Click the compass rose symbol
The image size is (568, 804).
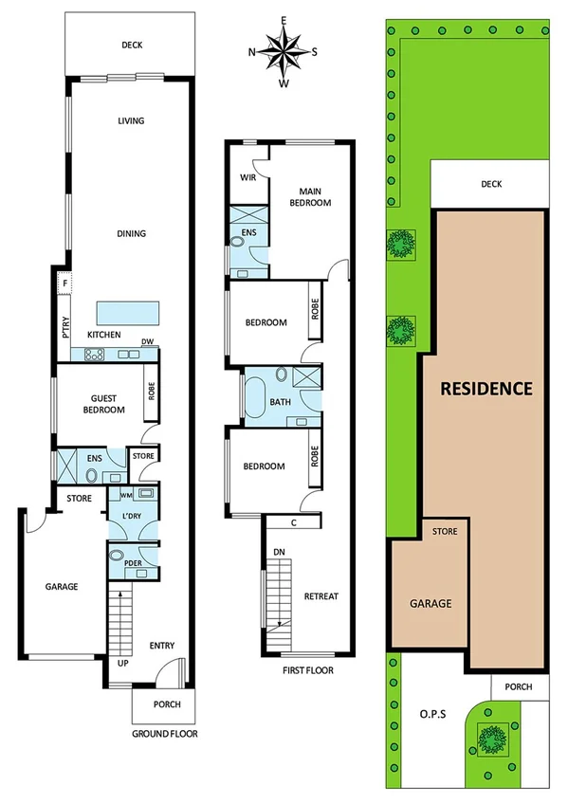pyautogui.click(x=283, y=51)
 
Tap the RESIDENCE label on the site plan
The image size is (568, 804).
pyautogui.click(x=485, y=388)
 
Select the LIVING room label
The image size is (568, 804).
pyautogui.click(x=131, y=120)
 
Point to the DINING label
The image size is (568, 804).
pyautogui.click(x=131, y=233)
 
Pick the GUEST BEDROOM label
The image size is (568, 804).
pyautogui.click(x=101, y=404)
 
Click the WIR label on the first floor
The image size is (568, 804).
pyautogui.click(x=247, y=177)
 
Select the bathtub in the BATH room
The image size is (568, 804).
pyautogui.click(x=254, y=393)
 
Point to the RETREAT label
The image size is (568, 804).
pyautogui.click(x=321, y=596)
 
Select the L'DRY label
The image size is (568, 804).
pyautogui.click(x=132, y=516)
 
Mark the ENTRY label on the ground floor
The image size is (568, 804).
pyautogui.click(x=162, y=646)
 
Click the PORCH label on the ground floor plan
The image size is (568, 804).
pyautogui.click(x=162, y=704)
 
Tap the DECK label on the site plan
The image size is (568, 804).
pyautogui.click(x=490, y=185)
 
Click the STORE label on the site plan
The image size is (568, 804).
pyautogui.click(x=445, y=532)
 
